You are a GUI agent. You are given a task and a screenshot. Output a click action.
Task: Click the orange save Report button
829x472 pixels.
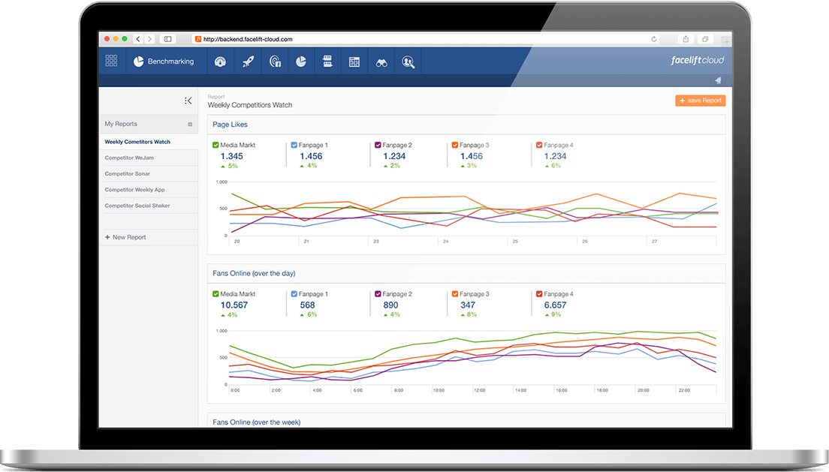coord(700,101)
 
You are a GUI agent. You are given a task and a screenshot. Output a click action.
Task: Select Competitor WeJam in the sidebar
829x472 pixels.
coord(129,158)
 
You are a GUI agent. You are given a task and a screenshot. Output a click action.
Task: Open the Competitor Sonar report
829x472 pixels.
coord(128,173)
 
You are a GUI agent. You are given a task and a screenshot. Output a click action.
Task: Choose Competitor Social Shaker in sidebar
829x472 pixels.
coord(137,206)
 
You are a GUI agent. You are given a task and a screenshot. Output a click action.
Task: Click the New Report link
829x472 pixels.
coord(125,237)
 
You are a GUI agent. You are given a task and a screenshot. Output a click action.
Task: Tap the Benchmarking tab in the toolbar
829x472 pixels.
coord(164,62)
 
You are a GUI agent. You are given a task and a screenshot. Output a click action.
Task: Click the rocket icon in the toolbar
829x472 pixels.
coord(248,62)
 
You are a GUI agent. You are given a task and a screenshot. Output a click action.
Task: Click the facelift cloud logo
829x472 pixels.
coord(697,60)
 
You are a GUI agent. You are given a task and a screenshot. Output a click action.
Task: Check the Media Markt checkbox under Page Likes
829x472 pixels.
coord(216,145)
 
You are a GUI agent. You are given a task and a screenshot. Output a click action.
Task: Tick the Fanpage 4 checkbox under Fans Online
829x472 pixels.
coord(538,294)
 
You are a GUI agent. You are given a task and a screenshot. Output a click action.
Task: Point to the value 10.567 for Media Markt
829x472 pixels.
coord(234,305)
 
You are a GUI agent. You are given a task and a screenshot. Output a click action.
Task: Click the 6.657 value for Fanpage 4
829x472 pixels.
coord(555,305)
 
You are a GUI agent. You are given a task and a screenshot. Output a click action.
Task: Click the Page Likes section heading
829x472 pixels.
coord(230,125)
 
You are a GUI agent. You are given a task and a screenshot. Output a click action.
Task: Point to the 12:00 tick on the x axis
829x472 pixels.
coord(480,390)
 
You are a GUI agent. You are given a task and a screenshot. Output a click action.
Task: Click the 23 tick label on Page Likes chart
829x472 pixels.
coord(376,241)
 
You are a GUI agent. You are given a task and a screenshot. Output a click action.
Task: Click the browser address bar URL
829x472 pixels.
coord(248,39)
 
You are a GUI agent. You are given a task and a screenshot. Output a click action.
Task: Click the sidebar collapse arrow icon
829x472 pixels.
coord(188,101)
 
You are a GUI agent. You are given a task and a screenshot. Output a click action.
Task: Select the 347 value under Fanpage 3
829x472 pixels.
coord(467,305)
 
